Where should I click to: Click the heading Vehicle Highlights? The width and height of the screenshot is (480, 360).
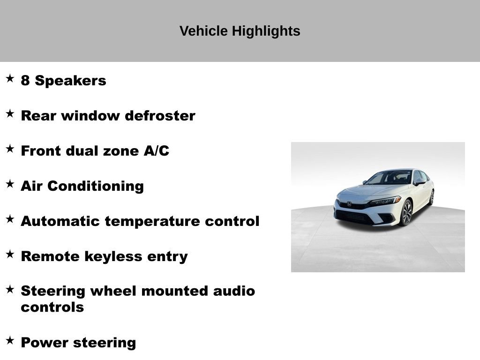coord(240,31)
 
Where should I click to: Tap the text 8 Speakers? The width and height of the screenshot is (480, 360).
coord(63,81)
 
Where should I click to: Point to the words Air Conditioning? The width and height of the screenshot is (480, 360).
coord(82,186)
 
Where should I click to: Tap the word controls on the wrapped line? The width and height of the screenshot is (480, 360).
coord(52,307)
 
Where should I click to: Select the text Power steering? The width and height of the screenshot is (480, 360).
coord(78,343)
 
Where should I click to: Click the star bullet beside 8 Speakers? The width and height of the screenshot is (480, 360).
coord(10,78)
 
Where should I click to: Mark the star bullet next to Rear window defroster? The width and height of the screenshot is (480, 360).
coord(10,113)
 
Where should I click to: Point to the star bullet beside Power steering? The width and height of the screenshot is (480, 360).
coord(10,340)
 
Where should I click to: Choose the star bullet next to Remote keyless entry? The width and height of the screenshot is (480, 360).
coord(10,254)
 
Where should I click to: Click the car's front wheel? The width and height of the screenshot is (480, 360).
coord(406,212)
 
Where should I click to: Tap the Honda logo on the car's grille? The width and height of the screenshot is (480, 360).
coord(349,204)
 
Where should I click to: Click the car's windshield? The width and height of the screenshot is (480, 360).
coord(389,178)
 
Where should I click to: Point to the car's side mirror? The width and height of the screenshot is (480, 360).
coord(419,182)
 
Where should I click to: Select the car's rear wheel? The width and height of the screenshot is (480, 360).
coord(431,197)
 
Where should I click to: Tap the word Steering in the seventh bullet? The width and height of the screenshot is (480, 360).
coord(53,291)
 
